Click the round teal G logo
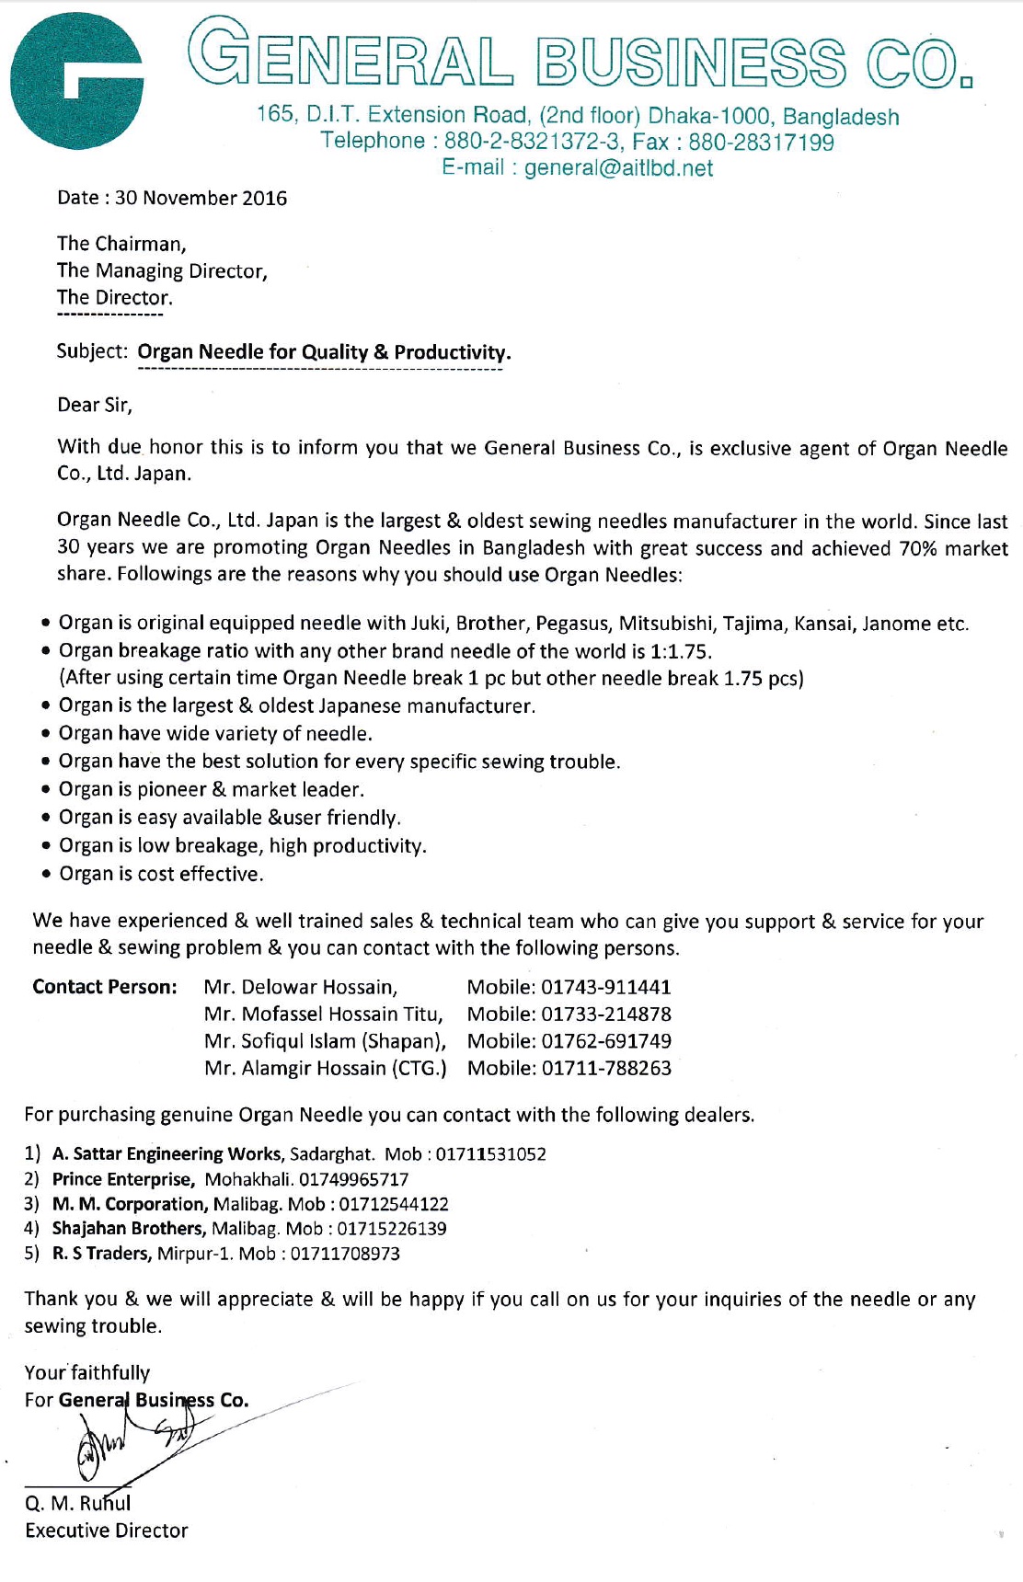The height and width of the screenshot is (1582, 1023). pos(76,81)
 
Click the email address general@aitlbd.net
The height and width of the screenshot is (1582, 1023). pos(618,168)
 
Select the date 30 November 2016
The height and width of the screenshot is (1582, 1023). pos(201,199)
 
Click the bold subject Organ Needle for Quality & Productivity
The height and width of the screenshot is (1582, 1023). pos(324,352)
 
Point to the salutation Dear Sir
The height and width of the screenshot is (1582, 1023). pos(95,406)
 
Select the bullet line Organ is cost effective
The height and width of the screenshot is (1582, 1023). pos(161,874)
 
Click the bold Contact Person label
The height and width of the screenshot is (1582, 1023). pos(105,987)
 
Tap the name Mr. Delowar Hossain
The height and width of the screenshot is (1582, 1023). pos(301,988)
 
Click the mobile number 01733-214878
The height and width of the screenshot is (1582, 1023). pos(606,1015)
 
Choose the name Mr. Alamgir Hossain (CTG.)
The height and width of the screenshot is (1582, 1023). pos(326,1069)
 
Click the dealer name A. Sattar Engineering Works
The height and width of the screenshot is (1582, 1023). pos(167,1154)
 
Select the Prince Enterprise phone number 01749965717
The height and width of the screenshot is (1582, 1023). pos(353,1180)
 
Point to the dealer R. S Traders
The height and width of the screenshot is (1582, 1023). pos(101,1254)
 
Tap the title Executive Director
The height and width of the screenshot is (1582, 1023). pos(107,1530)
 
